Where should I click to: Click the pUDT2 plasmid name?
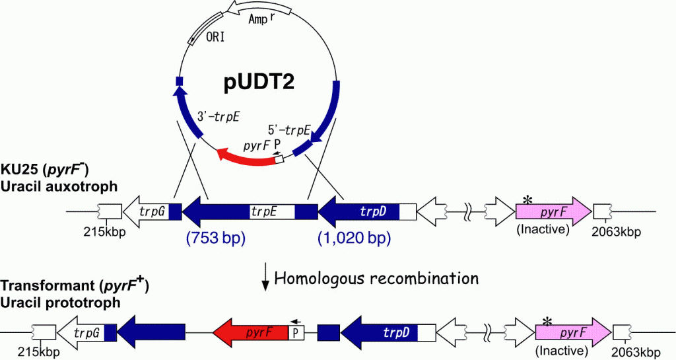(259, 81)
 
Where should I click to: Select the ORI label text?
(215, 38)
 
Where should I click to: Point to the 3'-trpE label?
(218, 117)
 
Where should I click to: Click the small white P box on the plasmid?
(280, 159)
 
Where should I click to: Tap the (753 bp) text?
(216, 238)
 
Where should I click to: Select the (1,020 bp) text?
(354, 238)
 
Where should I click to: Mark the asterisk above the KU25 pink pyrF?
(527, 199)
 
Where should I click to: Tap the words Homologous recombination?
(376, 279)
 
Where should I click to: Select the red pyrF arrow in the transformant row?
(250, 332)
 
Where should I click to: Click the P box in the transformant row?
(295, 332)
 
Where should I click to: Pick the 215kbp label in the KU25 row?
(105, 232)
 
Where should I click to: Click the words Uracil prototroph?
(60, 303)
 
